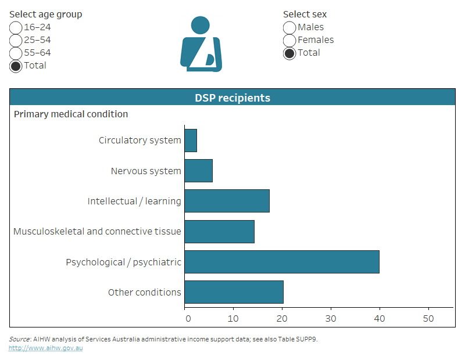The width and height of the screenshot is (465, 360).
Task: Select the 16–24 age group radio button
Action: click(16, 28)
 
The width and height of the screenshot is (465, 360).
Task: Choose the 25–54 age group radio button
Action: click(16, 41)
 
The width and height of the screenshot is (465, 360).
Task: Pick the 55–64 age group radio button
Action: click(16, 53)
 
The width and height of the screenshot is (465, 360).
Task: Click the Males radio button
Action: click(289, 28)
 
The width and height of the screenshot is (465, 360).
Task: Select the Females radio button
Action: click(289, 41)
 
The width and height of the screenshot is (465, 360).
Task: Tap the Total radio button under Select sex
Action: click(289, 53)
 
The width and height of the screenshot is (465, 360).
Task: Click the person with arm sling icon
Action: click(201, 45)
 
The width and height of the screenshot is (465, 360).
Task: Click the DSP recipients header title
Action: click(233, 98)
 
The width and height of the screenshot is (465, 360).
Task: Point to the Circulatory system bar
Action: click(191, 141)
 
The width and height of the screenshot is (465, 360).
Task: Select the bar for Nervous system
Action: click(198, 171)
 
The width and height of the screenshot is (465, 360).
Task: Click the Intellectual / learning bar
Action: click(227, 201)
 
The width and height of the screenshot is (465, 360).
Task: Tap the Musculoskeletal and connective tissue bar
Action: click(219, 231)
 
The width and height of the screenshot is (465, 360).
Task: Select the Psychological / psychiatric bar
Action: click(282, 262)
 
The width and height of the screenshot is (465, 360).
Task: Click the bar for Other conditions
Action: click(234, 292)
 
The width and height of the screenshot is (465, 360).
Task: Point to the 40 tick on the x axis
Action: click(380, 318)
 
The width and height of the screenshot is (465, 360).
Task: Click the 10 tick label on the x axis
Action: click(233, 318)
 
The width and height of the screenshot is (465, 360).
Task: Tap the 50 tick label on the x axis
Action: click(428, 318)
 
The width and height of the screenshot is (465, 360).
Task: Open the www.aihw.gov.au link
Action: click(45, 348)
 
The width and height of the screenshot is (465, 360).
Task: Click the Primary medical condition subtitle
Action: click(71, 114)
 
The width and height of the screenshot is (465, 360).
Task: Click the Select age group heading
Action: click(45, 15)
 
